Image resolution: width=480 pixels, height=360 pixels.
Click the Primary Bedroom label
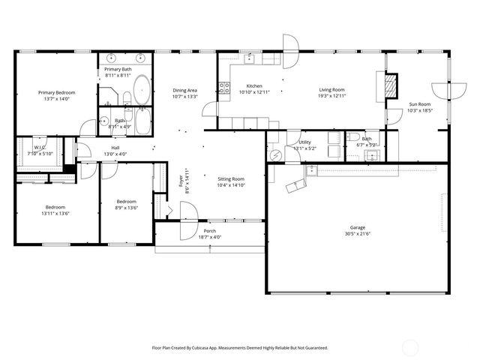point(56,93)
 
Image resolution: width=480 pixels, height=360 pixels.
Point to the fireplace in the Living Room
point(389,85)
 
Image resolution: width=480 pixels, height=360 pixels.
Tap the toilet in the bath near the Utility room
point(352,137)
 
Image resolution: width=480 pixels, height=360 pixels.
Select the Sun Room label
point(419,104)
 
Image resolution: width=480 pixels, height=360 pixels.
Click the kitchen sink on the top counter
point(250,58)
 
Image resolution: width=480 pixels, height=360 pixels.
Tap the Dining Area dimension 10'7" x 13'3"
point(184,96)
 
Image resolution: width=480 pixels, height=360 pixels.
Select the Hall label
point(115,148)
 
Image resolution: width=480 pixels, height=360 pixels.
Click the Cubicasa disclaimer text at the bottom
point(239,347)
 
